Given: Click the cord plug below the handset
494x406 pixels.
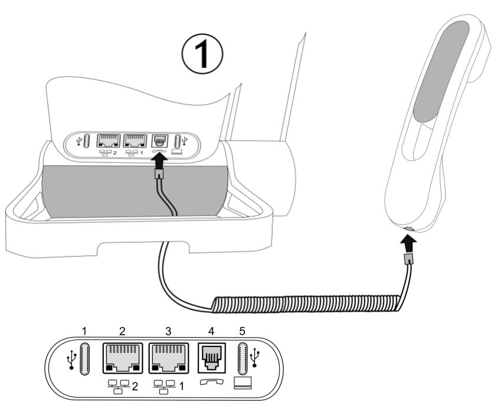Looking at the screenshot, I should (408, 260).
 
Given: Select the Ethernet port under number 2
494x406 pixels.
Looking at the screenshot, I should (122, 357).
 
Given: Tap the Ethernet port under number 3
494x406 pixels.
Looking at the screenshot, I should (168, 357).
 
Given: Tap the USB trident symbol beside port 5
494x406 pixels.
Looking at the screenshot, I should (256, 358).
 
